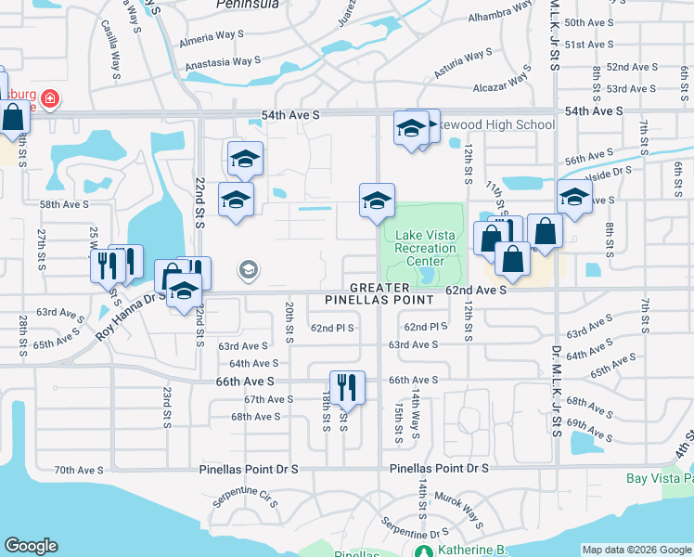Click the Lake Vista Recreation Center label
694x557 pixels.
tap(426, 241)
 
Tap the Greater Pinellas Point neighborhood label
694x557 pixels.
tap(379, 294)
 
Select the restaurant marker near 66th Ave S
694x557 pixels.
tap(347, 387)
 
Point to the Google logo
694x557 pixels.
tap(31, 546)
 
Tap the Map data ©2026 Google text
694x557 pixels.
tap(636, 550)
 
